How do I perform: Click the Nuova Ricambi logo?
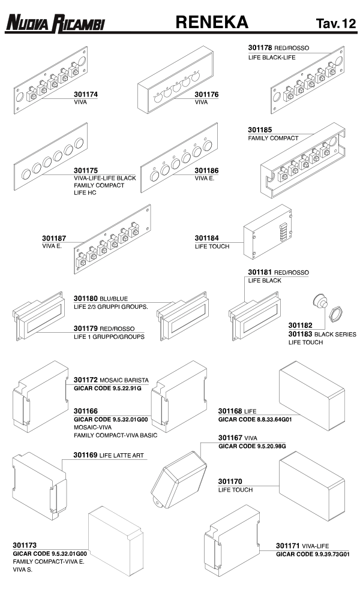coord(55,23)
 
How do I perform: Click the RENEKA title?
coord(212,22)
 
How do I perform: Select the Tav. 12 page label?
coord(336,23)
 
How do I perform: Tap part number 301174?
coord(85,95)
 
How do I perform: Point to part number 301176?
coord(206,95)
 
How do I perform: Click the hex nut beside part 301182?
coord(335,314)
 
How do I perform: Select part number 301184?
coord(206,238)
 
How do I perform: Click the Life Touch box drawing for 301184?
coord(268,232)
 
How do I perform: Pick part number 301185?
coord(260,130)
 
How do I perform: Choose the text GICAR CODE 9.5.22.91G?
coord(107,389)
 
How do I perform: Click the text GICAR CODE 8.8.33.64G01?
coord(255,420)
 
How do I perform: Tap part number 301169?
coord(85,455)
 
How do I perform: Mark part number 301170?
coord(230,481)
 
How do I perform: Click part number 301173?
coord(25,545)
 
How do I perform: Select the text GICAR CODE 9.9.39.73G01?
coord(313,554)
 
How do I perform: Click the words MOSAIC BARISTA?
coord(124,380)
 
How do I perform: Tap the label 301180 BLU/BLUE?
coord(101,299)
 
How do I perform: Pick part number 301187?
coord(54,238)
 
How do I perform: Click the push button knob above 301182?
coord(320,301)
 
